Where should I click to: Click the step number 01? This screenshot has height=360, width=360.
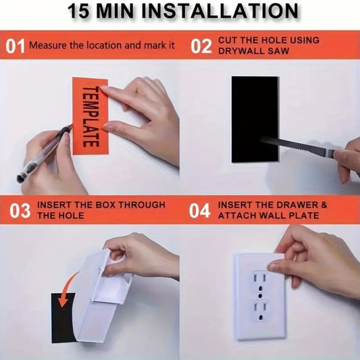(x=15, y=46)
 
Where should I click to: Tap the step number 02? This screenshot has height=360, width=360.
(x=201, y=46)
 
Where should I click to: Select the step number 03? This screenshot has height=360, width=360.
(x=20, y=211)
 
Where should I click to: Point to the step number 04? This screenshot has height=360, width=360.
(x=199, y=211)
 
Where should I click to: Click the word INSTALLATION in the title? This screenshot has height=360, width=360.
(x=220, y=11)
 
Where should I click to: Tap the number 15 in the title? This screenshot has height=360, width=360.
(x=78, y=11)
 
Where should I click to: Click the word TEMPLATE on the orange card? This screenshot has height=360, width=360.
(x=91, y=116)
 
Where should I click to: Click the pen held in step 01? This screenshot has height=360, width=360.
(x=44, y=154)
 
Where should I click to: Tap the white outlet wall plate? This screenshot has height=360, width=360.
(x=260, y=297)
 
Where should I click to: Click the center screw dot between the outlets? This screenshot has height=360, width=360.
(x=260, y=295)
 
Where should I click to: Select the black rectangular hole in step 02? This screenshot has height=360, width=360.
(x=255, y=120)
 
